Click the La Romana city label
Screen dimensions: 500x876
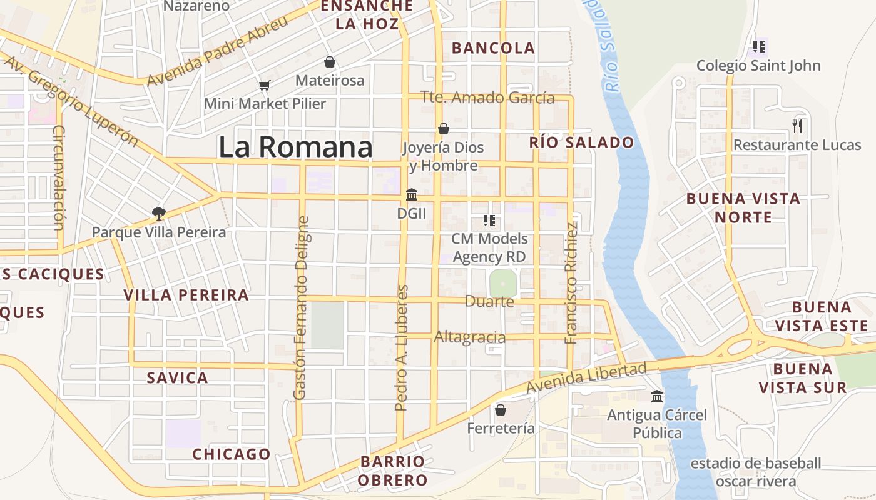click(x=295, y=147)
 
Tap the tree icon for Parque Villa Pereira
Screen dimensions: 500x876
click(x=159, y=214)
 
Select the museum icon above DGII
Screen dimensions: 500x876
click(x=412, y=195)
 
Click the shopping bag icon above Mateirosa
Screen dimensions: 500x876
click(x=330, y=62)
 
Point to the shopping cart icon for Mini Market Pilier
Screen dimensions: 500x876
click(x=264, y=85)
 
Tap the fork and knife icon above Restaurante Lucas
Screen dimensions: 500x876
click(x=797, y=126)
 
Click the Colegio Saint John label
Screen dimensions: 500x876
click(x=758, y=66)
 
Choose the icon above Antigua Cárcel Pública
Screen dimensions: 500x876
click(x=657, y=396)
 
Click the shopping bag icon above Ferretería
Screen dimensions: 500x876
click(x=501, y=410)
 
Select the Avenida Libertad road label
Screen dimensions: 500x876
click(x=586, y=379)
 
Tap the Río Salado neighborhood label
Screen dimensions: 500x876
click(x=581, y=142)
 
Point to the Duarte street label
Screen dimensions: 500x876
click(x=489, y=302)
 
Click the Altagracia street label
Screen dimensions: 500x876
click(x=470, y=337)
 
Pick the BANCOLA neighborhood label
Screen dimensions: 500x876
click(x=493, y=48)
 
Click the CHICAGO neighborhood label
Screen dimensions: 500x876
click(x=232, y=454)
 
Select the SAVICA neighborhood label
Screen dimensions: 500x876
click(x=177, y=377)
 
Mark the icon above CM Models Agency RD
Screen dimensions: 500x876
click(x=489, y=221)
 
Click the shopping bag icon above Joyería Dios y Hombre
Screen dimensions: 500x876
click(x=444, y=129)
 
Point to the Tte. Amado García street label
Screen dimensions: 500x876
click(x=488, y=97)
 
